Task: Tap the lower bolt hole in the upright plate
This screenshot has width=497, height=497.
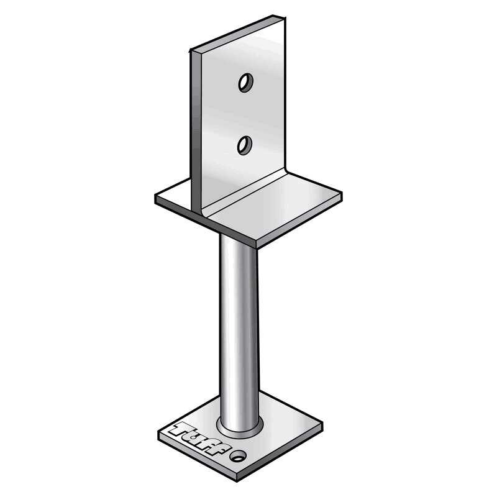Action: point(244,145)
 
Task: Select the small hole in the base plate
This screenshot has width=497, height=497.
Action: point(237,457)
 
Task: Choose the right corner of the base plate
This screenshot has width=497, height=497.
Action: point(322,425)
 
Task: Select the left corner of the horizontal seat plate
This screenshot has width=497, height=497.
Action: point(156,197)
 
